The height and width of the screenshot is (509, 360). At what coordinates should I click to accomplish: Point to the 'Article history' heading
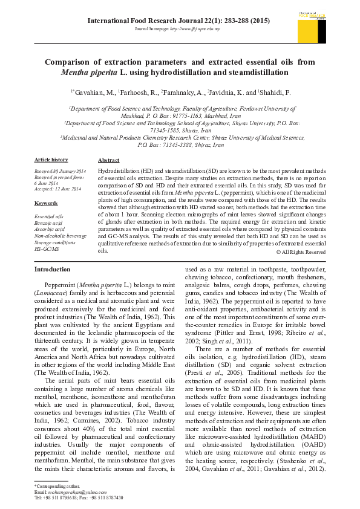[x=51, y=160]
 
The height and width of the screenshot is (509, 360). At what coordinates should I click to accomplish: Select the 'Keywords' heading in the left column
[x=46, y=203]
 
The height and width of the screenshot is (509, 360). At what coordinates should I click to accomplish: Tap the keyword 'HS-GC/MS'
[x=47, y=249]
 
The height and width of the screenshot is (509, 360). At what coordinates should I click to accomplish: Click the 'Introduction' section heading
[x=52, y=268]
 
